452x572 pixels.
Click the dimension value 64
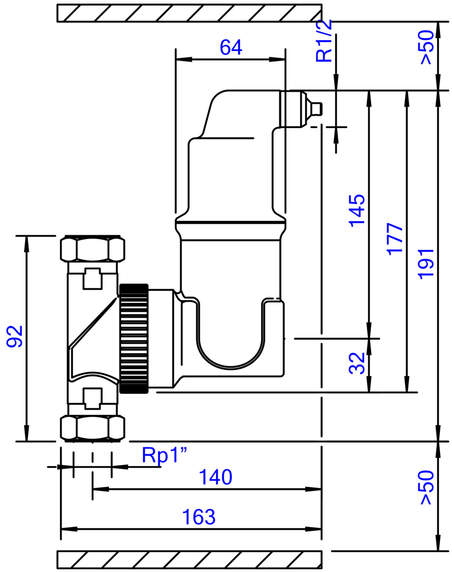tap(231, 47)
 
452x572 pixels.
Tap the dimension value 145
tap(357, 210)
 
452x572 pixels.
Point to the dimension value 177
tap(395, 238)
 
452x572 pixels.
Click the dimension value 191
tap(426, 263)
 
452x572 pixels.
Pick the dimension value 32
tap(357, 363)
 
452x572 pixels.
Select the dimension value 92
tap(15, 337)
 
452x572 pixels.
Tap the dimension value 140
tap(216, 478)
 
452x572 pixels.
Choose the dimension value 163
tap(199, 517)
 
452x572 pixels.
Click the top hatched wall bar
tap(189, 13)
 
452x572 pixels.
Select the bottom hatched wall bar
tap(189, 559)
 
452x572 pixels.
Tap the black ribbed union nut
tap(134, 339)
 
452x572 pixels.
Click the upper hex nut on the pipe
tap(92, 249)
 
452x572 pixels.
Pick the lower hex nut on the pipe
tap(92, 427)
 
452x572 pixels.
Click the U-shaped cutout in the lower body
tap(231, 339)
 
